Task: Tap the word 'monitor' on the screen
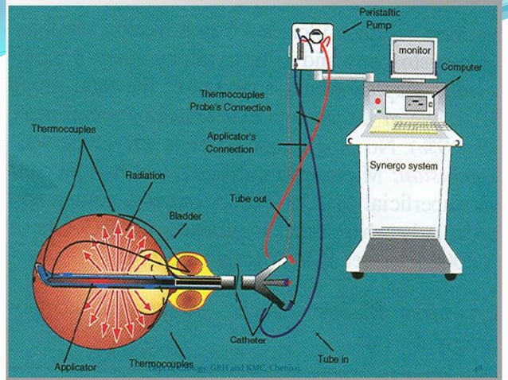point(416,49)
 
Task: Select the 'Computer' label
point(461,68)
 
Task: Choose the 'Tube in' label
point(332,359)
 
